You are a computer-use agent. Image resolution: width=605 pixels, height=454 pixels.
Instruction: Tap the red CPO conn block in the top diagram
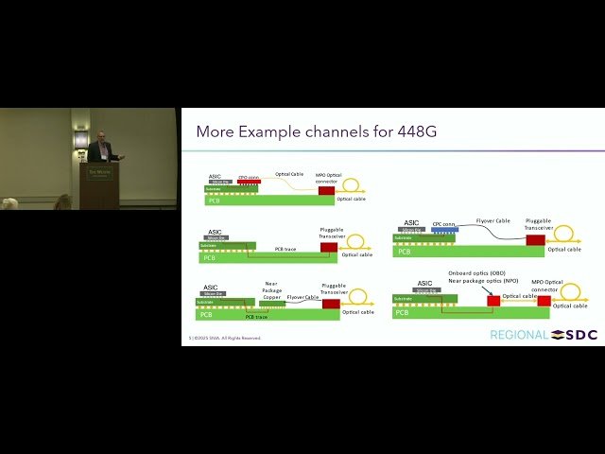pyautogui.click(x=249, y=182)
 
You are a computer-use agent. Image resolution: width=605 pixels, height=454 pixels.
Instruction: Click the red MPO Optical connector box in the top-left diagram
pyautogui.click(x=326, y=190)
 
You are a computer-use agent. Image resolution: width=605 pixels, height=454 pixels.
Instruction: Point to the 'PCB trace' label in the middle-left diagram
pyautogui.click(x=285, y=249)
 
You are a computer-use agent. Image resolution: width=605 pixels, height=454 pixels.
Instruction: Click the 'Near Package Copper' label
pyautogui.click(x=272, y=289)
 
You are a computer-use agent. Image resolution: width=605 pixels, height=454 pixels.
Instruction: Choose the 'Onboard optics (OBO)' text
pyautogui.click(x=476, y=272)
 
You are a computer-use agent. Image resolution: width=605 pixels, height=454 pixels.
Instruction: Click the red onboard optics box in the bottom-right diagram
pyautogui.click(x=493, y=301)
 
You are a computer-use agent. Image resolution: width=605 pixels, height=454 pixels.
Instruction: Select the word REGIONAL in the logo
pyautogui.click(x=518, y=335)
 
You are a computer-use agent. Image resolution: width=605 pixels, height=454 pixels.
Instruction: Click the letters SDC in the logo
pyautogui.click(x=581, y=335)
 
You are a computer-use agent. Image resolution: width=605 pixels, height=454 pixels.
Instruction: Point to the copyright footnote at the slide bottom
pyautogui.click(x=225, y=338)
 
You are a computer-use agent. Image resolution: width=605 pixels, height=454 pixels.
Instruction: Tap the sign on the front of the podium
pyautogui.click(x=98, y=173)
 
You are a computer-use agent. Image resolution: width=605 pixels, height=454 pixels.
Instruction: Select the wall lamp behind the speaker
pyautogui.click(x=80, y=138)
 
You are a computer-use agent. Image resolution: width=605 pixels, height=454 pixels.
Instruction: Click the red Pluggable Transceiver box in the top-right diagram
pyautogui.click(x=535, y=240)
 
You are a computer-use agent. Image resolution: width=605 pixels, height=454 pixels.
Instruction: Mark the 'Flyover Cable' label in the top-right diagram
pyautogui.click(x=493, y=220)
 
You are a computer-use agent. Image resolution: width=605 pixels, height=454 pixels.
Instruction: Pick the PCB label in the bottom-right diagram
pyautogui.click(x=403, y=312)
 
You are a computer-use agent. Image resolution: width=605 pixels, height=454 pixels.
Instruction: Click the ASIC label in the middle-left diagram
pyautogui.click(x=215, y=232)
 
